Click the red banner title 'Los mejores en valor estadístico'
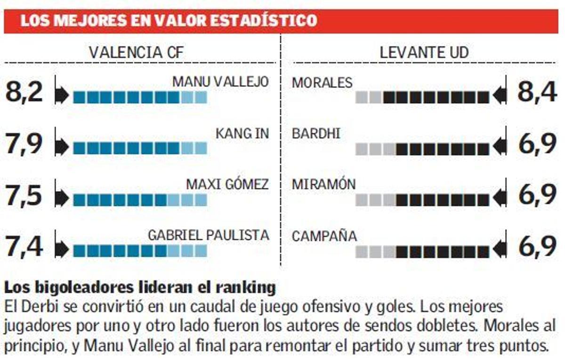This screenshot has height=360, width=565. pos(168,21)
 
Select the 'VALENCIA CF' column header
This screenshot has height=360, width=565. pos(136,52)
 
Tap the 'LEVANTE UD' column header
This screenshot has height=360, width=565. pos(424,52)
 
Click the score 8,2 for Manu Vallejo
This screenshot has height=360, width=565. pos(24,92)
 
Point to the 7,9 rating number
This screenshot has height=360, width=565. pos(24,144)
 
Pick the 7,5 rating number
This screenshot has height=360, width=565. pos(24,196)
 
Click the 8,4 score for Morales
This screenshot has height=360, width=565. pos(537,92)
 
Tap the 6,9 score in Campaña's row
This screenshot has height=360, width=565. pos(537,247)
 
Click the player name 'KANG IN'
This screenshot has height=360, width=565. pos(242,133)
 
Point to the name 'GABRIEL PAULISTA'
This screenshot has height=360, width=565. pos(209,235)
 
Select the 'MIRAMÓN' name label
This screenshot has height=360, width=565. pos(323,185)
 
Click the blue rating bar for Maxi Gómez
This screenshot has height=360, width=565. pos(140,200)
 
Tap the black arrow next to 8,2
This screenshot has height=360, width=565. pos(62,96)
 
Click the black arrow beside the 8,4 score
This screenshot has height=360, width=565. pos(500,96)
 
